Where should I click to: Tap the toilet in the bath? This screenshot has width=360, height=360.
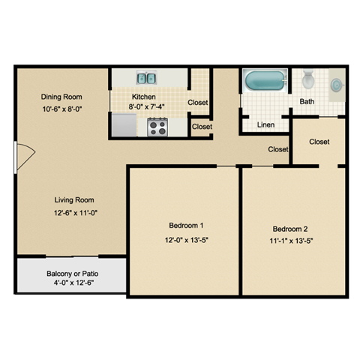click(307, 79)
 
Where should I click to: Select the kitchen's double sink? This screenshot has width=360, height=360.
click(146, 77)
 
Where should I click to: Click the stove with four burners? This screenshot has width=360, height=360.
click(157, 127)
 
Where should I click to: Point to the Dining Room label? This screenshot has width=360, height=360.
click(61, 97)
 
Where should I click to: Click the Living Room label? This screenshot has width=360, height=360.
click(73, 199)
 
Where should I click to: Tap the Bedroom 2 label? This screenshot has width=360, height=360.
click(289, 229)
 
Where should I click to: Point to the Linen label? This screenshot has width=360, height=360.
click(265, 124)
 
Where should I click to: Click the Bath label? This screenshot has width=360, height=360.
click(307, 101)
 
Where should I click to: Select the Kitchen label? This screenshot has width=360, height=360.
click(143, 97)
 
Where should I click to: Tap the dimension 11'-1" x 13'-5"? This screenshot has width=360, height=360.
click(289, 241)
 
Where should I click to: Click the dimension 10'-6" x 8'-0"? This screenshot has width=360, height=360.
click(61, 109)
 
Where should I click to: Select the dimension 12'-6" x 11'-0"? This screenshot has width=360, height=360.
click(73, 213)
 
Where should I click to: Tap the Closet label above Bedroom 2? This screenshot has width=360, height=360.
click(319, 142)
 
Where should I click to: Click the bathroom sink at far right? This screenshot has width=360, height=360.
click(337, 84)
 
